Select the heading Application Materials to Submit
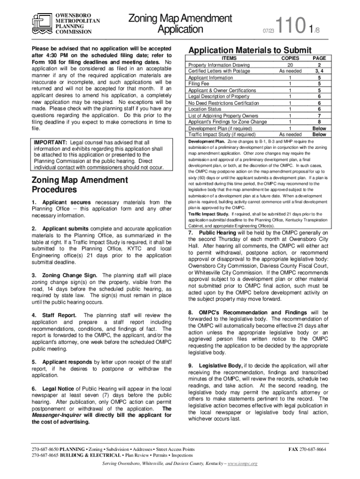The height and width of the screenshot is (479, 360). pos(249,50)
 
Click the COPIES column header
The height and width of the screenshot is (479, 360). pos(290,58)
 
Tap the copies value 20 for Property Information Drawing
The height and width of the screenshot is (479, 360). pos(290,65)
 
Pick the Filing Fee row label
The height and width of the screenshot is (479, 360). pos(199,84)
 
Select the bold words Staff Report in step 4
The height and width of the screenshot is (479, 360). pos(60,315)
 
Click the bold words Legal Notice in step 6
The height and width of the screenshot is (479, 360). pos(58,389)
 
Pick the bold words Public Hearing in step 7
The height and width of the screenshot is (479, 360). pos(218,232)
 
